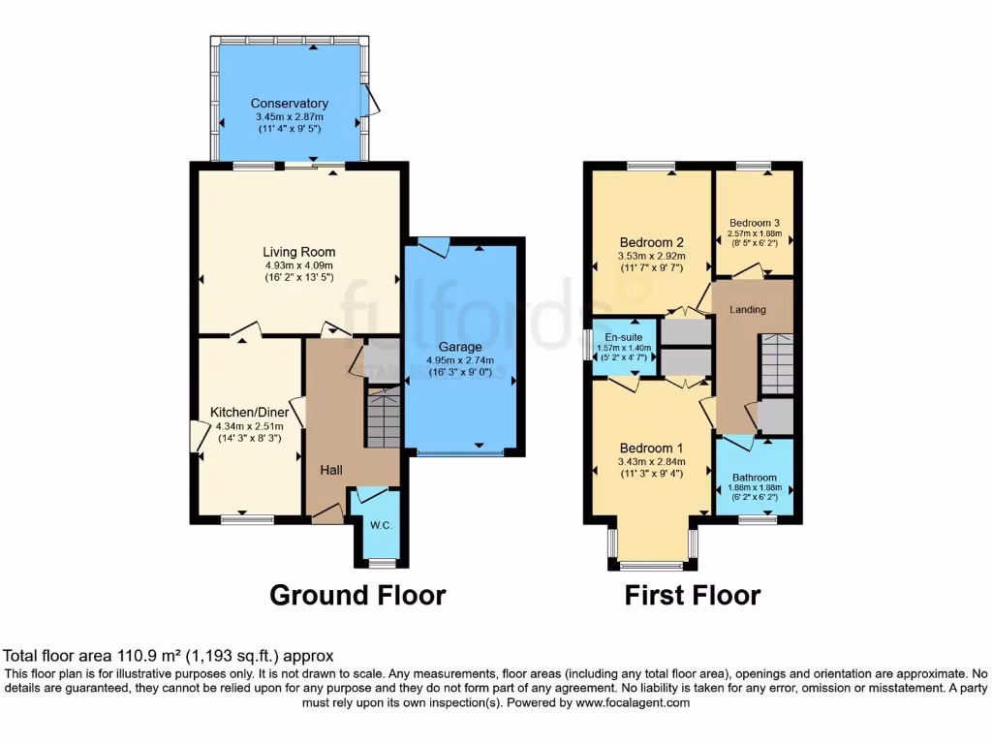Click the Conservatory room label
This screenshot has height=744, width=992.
tap(289, 104)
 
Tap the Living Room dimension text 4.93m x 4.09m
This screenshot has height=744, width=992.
tap(298, 265)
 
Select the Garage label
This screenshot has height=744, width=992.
tap(460, 347)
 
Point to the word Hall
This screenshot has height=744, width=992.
tap(331, 470)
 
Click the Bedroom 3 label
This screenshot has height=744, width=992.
tap(754, 222)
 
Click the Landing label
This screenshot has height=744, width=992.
tap(748, 310)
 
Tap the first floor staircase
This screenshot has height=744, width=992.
tap(775, 363)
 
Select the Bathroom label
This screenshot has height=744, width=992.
tap(754, 478)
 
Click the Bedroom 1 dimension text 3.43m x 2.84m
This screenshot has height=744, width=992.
tap(652, 462)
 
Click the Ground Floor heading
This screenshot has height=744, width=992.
tap(356, 595)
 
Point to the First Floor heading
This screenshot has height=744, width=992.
tap(692, 595)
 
